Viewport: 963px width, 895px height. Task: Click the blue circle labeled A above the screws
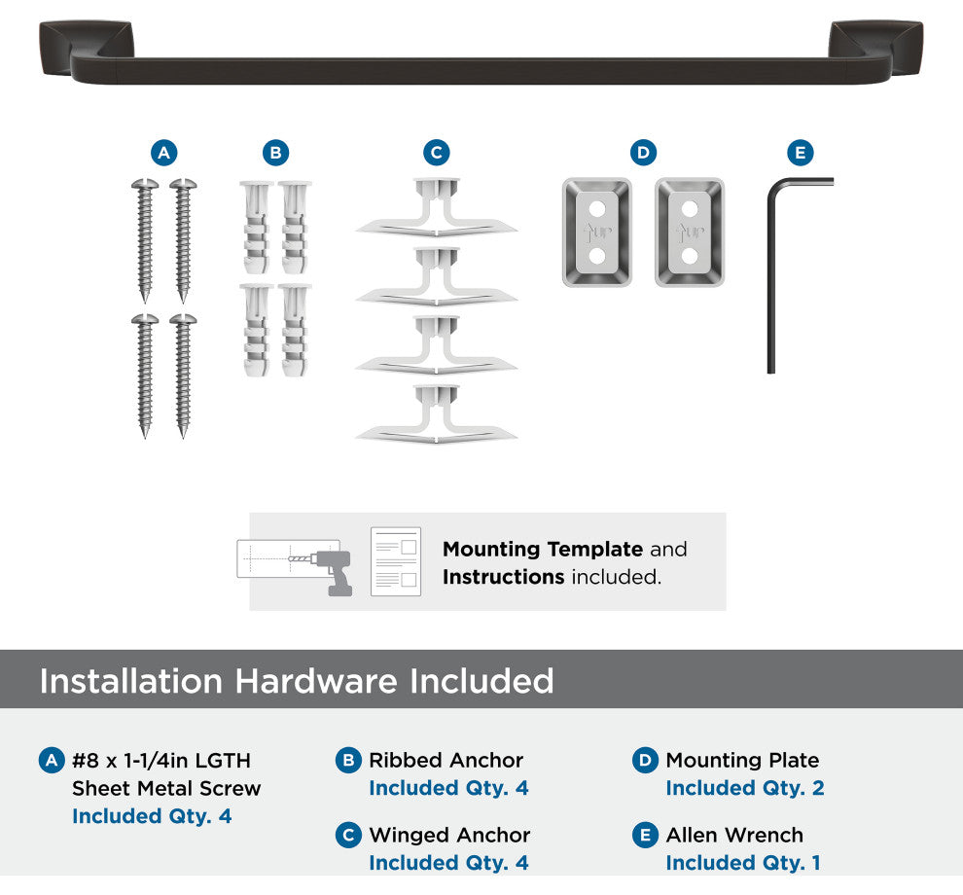[164, 153]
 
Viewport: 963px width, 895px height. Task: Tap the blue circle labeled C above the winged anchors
[437, 153]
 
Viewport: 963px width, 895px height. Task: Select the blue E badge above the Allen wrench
[801, 153]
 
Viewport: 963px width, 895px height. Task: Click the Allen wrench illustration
[771, 276]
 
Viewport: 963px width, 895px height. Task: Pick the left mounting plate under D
[597, 233]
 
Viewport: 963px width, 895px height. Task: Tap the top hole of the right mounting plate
[690, 209]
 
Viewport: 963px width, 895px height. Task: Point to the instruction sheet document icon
[396, 561]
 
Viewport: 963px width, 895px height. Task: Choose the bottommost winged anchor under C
[437, 414]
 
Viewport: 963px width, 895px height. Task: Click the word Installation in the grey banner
[130, 681]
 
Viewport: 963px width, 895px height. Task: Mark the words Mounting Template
[543, 549]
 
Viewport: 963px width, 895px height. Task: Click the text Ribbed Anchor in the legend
[446, 760]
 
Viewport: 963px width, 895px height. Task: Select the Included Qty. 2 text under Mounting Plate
[745, 787]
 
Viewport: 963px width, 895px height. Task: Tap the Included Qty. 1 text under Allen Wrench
[743, 863]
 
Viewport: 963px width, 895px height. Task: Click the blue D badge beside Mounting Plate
[645, 761]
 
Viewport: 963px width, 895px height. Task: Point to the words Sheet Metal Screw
[166, 788]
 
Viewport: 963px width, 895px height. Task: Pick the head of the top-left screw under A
[145, 184]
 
